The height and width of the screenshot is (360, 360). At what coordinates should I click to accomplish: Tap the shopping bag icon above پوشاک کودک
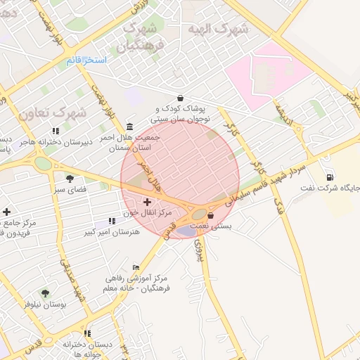click(181, 98)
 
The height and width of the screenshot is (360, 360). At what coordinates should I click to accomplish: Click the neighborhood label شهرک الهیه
click(219, 30)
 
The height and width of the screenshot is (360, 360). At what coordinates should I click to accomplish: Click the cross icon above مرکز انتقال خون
click(146, 202)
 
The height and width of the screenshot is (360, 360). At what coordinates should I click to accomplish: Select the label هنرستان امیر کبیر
click(112, 231)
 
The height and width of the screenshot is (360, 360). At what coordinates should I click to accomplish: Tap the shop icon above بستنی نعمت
click(210, 216)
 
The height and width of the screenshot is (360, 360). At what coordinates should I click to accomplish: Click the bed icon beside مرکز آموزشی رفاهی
click(136, 267)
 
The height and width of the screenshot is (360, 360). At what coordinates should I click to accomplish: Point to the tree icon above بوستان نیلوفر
click(45, 293)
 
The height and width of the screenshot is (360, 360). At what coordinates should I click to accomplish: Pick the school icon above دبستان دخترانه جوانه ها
click(87, 333)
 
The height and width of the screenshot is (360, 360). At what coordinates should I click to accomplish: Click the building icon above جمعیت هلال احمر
click(129, 127)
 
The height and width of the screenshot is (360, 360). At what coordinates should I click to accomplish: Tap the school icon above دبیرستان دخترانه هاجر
click(56, 131)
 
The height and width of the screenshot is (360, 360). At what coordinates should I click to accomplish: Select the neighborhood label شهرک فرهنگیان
click(143, 38)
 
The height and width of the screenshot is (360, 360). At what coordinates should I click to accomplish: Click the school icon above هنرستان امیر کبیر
click(112, 221)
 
